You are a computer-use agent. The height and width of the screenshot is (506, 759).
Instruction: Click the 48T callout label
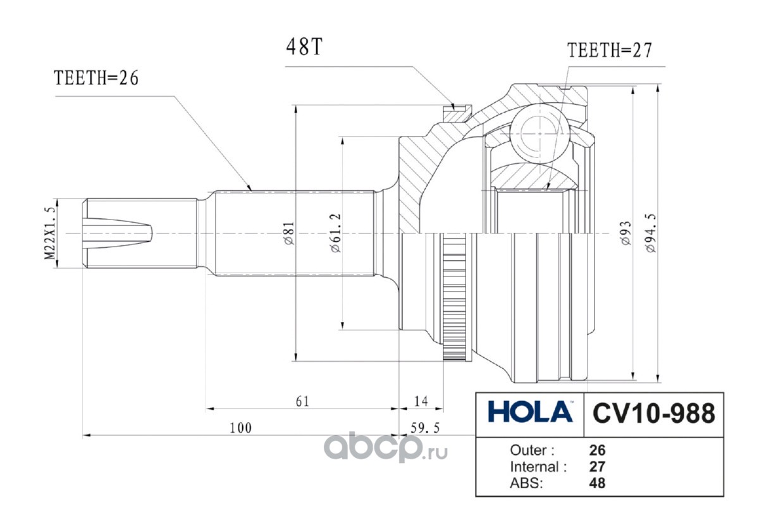304,47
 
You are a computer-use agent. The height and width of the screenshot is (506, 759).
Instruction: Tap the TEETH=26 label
96,78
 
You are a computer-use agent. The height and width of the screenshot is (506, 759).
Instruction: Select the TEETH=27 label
610,50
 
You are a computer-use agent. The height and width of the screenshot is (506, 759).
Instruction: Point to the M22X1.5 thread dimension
50,233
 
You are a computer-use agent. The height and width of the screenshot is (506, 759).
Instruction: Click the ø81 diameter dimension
290,233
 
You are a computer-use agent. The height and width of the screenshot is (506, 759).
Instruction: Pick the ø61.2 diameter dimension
336,233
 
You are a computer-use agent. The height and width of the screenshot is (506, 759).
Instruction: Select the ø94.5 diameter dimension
651,233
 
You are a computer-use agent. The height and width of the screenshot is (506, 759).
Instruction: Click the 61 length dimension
302,402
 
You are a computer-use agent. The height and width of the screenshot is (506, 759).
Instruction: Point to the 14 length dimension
421,401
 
